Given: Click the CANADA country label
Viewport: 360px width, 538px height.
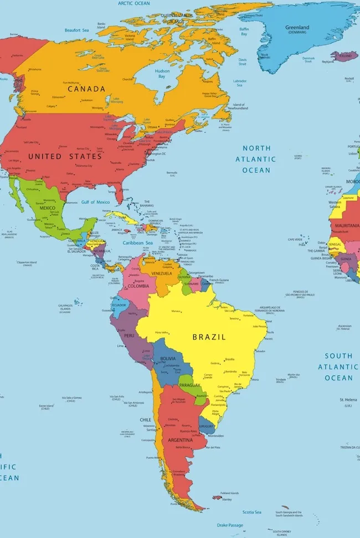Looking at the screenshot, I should click(x=86, y=89).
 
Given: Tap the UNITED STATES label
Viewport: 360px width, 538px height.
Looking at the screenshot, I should click(x=65, y=157).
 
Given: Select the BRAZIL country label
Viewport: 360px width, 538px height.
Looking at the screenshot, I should click(x=209, y=337).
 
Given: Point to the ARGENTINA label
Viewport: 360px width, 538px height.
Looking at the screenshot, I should click(x=181, y=440).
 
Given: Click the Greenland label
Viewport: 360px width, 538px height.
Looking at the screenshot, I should click(x=297, y=28).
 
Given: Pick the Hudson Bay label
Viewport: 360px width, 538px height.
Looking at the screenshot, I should click(x=162, y=74).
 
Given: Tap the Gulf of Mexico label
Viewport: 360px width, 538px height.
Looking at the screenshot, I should click(x=95, y=203).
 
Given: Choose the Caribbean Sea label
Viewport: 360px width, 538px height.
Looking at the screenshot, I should click(x=138, y=242).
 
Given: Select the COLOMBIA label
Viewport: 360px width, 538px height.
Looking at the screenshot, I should click(x=138, y=286).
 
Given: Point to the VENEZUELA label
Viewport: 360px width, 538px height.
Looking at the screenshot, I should click(x=162, y=273).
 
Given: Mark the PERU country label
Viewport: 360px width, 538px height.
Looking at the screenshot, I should click(x=129, y=335).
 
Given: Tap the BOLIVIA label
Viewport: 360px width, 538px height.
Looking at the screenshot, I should click(x=168, y=359).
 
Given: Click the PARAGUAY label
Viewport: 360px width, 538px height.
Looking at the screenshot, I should click(x=189, y=385).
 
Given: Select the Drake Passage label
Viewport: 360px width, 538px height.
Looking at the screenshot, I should click(x=229, y=525).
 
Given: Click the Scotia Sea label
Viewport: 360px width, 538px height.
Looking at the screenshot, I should click(x=251, y=513).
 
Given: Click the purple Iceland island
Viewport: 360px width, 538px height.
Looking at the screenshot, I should click(x=342, y=56).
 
